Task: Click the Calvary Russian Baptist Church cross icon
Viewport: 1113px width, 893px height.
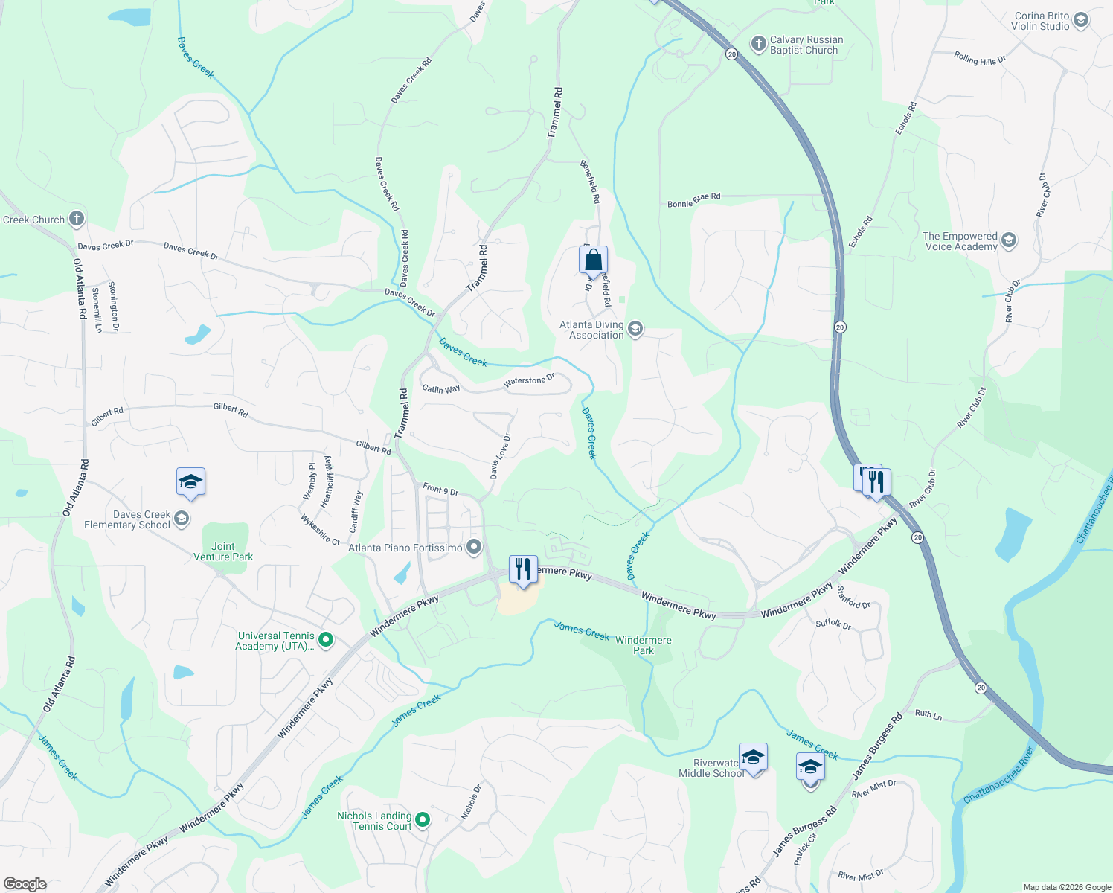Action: click(758, 44)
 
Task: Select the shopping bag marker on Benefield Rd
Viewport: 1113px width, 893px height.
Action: click(593, 260)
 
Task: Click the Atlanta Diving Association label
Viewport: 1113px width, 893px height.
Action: click(591, 330)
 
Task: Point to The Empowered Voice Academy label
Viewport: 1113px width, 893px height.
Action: click(960, 241)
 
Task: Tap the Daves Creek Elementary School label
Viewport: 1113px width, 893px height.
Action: click(127, 519)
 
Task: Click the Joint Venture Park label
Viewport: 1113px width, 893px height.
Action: click(223, 551)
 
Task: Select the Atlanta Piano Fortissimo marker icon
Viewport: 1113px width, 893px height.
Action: click(474, 548)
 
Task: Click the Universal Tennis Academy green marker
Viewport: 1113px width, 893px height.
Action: click(325, 639)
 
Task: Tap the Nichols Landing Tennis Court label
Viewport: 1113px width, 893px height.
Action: click(374, 821)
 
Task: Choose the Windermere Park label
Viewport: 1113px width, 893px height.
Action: click(644, 645)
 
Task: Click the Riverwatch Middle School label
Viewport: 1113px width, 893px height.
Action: click(711, 768)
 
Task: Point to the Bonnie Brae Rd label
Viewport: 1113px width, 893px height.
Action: click(693, 200)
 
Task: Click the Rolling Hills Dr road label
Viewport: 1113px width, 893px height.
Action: click(980, 59)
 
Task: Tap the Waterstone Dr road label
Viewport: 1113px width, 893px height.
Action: click(529, 381)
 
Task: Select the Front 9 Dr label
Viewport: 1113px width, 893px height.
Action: click(440, 489)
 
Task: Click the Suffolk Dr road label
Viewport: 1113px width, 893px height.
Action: click(833, 623)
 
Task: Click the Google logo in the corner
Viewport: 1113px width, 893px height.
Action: click(25, 883)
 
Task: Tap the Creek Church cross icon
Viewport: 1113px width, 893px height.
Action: click(76, 219)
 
